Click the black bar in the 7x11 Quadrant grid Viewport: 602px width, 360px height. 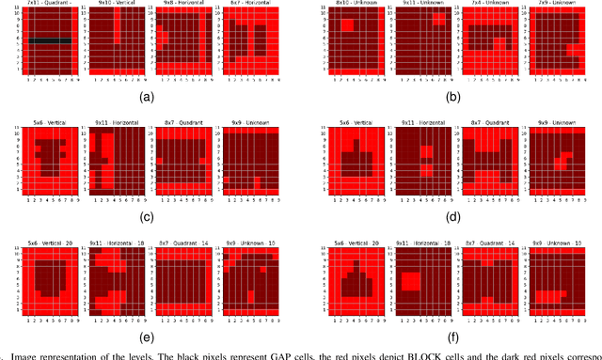click(55, 41)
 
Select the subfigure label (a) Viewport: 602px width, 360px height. click(145, 97)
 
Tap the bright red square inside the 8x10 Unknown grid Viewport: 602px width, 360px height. click(348, 26)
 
